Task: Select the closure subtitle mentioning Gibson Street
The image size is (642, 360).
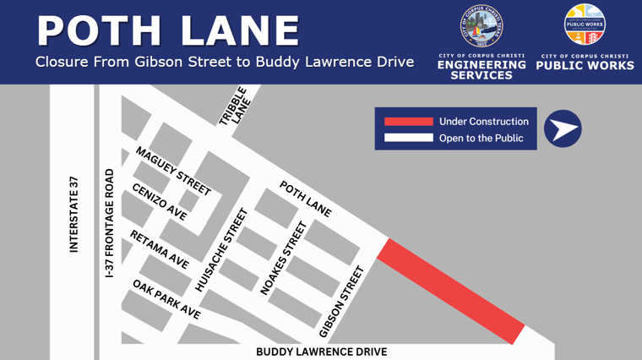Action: [225, 63]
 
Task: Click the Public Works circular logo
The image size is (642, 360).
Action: [585, 25]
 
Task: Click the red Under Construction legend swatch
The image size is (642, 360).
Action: [408, 122]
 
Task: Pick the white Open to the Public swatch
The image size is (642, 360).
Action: [408, 138]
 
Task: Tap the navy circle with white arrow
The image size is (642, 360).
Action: [563, 129]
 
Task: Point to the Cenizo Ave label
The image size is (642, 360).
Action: [160, 202]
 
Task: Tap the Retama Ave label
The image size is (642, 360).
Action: [159, 249]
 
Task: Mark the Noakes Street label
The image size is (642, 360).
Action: [282, 258]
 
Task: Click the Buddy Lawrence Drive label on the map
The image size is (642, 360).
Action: [321, 352]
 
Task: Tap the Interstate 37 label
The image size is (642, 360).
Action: [73, 214]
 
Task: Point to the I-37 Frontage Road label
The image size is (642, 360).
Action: [109, 223]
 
